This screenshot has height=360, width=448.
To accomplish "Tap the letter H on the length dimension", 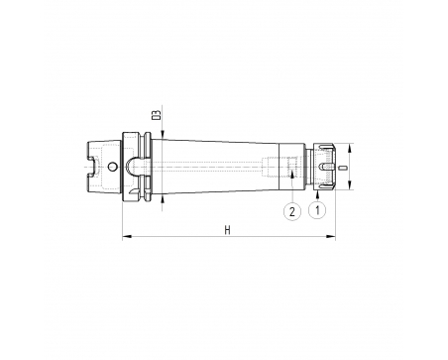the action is tap(227, 230).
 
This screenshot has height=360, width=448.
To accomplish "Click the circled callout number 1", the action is tap(317, 209).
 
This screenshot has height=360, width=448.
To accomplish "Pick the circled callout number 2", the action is tap(292, 211).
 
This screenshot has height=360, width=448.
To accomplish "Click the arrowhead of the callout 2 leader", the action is tap(292, 175).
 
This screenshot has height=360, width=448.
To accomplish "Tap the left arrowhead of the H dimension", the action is tap(127, 236).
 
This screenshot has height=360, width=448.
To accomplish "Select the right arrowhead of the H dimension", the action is tap(331, 236).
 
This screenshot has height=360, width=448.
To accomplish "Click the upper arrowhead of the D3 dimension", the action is tap(163, 134).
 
